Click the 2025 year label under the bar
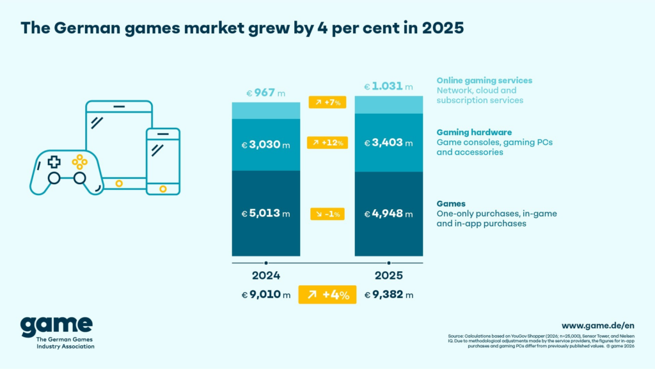(388, 276)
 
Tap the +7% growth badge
(327, 102)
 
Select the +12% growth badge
(327, 143)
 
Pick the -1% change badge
(327, 214)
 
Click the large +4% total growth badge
(327, 295)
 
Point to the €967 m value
(265, 93)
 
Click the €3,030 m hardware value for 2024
(265, 145)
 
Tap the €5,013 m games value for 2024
(265, 214)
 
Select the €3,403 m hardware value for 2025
(389, 143)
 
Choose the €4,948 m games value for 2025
(389, 214)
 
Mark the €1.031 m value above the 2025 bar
(389, 86)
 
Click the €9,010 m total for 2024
(265, 295)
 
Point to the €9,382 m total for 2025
(389, 295)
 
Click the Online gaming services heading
(484, 81)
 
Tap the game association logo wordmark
(56, 326)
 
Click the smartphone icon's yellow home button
(163, 189)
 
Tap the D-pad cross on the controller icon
(55, 161)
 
